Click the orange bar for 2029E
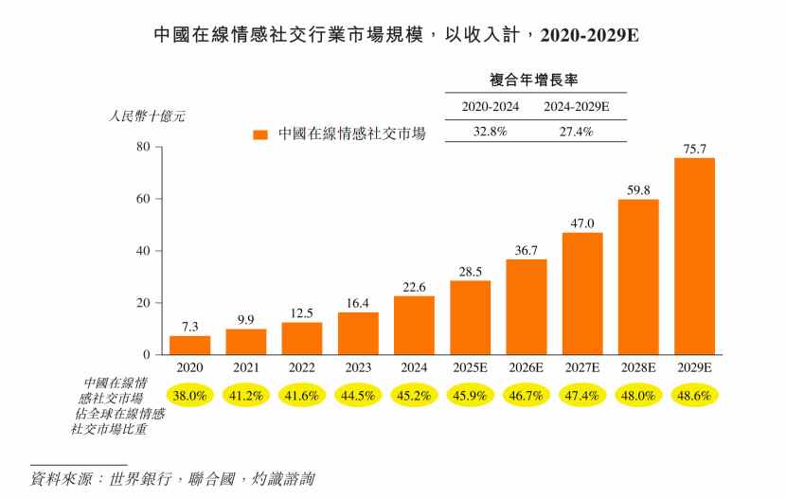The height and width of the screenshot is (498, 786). (694, 256)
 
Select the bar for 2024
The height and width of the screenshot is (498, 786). (414, 325)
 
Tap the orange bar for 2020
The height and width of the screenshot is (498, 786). (189, 345)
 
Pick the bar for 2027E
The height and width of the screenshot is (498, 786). (582, 293)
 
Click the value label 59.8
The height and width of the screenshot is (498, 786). (638, 190)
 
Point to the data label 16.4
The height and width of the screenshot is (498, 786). (358, 303)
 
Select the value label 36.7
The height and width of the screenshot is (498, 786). (527, 250)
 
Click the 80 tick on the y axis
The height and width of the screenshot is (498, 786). (143, 147)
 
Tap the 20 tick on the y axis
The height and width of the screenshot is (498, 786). (143, 303)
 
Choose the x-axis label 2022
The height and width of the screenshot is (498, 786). (302, 366)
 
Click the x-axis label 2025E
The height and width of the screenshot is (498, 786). (470, 366)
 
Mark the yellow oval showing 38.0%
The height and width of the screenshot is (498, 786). (189, 395)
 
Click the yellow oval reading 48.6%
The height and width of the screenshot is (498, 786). (694, 395)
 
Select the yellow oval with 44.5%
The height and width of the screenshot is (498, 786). (358, 395)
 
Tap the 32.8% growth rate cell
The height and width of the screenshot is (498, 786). (490, 132)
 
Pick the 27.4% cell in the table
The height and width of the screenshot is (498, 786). (576, 132)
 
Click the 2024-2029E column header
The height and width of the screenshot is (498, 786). (576, 107)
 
